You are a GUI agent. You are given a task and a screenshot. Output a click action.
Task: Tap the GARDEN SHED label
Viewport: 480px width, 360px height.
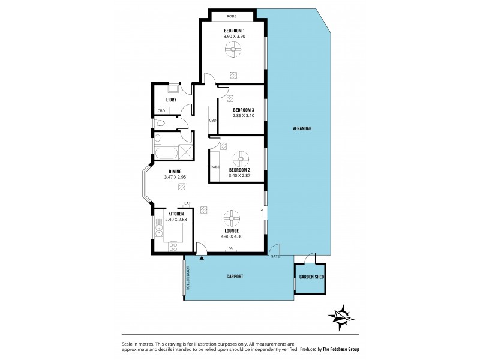pos(311,278)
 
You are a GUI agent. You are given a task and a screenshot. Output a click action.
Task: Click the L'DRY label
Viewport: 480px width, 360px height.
pos(170,100)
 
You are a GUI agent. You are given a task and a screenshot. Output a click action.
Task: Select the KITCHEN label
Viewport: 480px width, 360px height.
pos(175,215)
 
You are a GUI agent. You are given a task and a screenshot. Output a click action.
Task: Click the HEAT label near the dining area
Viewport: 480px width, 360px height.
pos(186,203)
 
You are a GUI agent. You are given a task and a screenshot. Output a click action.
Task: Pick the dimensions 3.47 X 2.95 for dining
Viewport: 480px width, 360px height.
pos(175,177)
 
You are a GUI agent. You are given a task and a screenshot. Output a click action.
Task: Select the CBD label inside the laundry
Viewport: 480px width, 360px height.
pos(161,110)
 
